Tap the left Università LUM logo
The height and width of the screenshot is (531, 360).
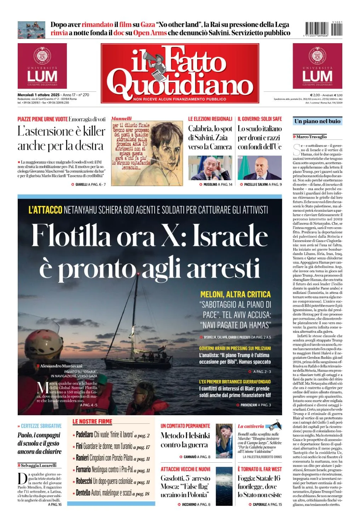(42, 66)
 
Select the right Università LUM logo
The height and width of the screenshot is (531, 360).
(317, 66)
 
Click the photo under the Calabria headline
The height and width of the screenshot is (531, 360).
(210, 168)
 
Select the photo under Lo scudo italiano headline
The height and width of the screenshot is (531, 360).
(259, 168)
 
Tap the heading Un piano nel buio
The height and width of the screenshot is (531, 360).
(317, 121)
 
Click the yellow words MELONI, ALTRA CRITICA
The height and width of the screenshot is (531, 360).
(235, 294)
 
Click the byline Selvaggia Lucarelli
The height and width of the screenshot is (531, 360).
(38, 465)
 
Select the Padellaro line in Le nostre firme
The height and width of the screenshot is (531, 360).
(112, 435)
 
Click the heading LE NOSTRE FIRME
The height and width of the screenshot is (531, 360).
(92, 421)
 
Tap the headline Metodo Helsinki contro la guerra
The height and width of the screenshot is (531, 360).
(185, 440)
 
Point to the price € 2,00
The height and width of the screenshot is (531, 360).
(315, 95)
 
